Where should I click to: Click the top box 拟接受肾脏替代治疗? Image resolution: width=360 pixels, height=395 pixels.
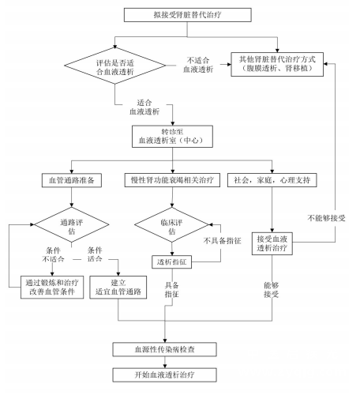(188, 15)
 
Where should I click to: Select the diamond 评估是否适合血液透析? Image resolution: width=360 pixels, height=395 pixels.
(114, 66)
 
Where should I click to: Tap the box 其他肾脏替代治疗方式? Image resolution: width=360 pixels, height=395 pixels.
(277, 64)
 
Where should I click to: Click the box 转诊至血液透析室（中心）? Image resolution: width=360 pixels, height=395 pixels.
(172, 136)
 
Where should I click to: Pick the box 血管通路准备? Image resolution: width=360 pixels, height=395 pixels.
(72, 180)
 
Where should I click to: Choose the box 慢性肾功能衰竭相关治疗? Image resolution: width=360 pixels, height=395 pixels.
(172, 180)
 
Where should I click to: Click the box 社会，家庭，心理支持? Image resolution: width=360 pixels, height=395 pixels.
(272, 180)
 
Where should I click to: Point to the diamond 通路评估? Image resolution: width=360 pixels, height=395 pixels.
(72, 224)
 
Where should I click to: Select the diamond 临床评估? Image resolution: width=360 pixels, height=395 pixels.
(172, 224)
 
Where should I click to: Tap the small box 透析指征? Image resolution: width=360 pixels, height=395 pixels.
(172, 262)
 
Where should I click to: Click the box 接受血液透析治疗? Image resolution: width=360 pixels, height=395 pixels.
(272, 243)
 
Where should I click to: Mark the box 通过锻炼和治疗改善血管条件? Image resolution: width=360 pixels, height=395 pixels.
(52, 288)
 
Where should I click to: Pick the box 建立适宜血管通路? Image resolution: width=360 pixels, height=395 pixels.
(118, 288)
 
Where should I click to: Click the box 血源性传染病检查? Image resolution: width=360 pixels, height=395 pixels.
(165, 349)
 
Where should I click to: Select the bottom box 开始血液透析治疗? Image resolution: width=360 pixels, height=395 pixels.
(165, 374)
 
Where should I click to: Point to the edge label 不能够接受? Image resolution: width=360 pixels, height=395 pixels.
(326, 218)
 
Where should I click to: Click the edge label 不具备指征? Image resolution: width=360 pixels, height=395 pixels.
(223, 241)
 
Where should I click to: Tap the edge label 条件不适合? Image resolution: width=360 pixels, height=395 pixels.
(53, 254)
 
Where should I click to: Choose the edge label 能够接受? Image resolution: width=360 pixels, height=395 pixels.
(272, 290)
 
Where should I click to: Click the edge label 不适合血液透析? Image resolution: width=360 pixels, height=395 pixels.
(198, 65)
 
